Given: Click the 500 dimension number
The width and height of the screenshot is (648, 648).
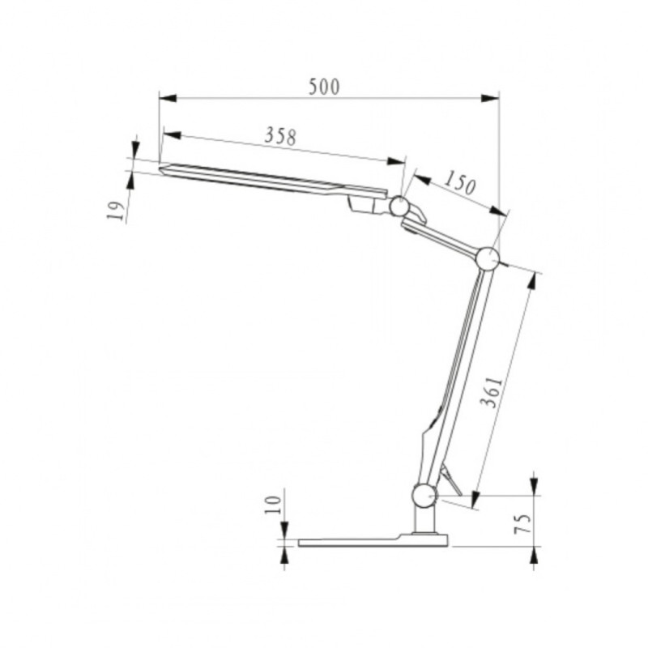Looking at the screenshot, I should coord(323,87).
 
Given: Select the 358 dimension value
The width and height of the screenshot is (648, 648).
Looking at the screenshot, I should coord(280,135).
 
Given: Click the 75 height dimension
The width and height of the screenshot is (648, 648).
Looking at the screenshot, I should coord(524,522).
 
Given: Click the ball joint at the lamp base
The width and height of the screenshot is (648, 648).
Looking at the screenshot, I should coord(424,495).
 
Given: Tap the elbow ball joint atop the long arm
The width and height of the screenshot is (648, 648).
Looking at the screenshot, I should coord(488,258).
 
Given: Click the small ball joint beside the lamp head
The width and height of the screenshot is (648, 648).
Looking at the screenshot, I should coord(399,206).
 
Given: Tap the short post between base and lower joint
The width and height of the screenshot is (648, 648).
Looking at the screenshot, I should coord(424,520).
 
